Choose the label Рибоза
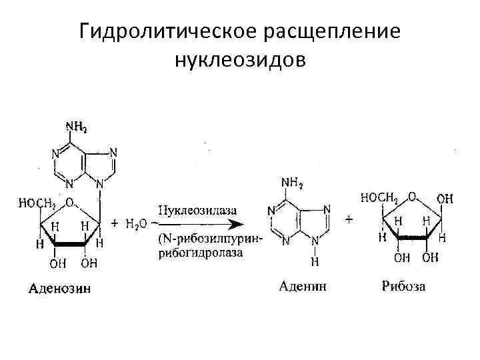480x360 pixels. pos(404,287)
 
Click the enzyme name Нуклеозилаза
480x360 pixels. pos(197,210)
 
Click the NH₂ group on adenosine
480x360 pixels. pos(75,126)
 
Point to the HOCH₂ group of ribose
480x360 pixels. pos(379,197)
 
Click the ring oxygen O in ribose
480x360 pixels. pos(413,197)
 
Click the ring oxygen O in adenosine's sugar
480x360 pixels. pos(70,201)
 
